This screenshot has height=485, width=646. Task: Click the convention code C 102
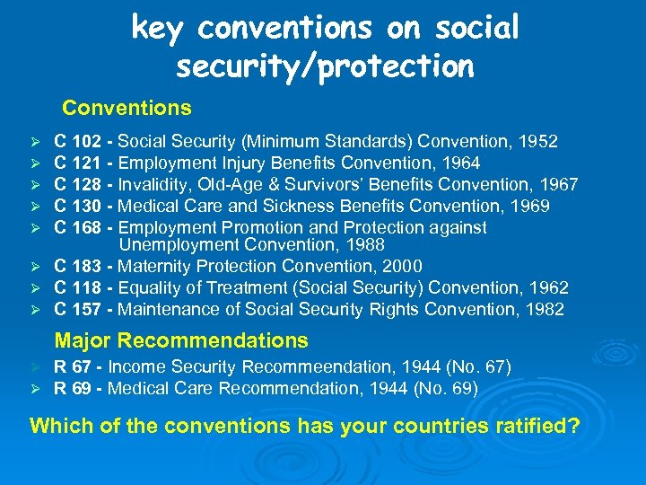78,141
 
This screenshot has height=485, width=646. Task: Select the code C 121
78,163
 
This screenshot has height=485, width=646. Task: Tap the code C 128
78,184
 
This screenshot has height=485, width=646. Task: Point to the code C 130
78,206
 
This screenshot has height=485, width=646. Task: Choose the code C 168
78,227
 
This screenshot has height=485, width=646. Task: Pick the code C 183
78,266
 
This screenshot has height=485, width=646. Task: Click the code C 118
78,287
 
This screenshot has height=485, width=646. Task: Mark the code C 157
78,309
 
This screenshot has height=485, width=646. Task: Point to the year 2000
403,266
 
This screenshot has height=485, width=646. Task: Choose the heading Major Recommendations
181,340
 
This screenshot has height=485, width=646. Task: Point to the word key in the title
160,29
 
